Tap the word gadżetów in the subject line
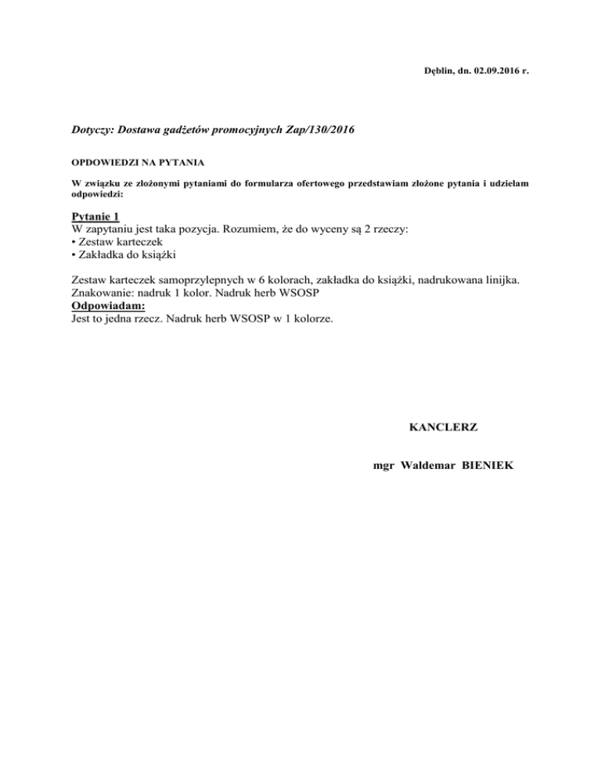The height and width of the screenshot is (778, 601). click(193, 128)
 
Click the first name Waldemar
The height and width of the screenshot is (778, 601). click(432, 466)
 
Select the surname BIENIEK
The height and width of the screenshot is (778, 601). click(489, 466)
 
